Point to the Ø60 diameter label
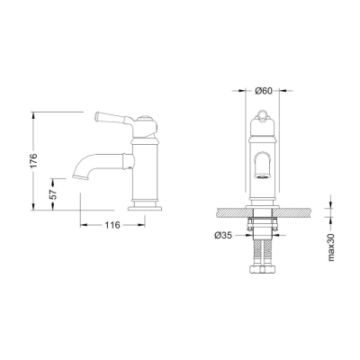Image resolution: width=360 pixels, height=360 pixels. [265, 91]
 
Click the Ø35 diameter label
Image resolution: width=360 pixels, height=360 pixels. [225, 236]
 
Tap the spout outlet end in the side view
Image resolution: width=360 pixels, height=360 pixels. [78, 177]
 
